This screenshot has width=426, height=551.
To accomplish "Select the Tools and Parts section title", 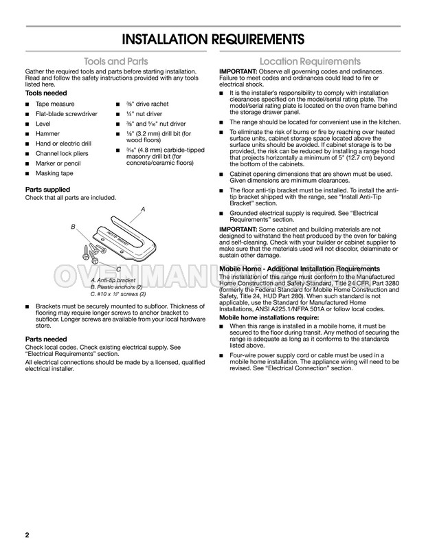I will point(116,60).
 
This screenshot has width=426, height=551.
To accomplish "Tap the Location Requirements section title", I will point(310,60).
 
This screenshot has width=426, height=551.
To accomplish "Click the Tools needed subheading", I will point(47,93).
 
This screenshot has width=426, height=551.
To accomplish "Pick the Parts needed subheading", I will point(46,339).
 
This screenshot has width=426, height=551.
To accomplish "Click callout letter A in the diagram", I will point(144,208).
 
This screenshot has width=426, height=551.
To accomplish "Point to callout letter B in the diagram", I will point(72,226).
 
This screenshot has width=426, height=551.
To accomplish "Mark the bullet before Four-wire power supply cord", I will point(221,355).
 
